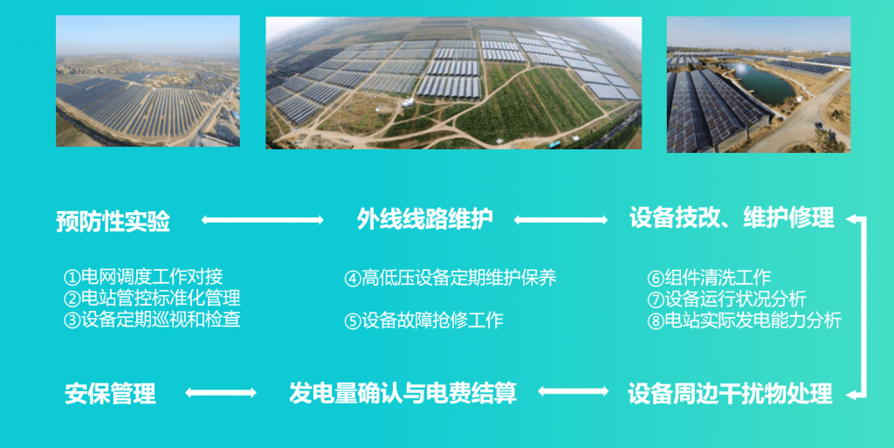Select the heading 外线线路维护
pyautogui.click(x=425, y=219)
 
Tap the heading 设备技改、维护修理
pyautogui.click(x=732, y=218)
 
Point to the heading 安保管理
pyautogui.click(x=110, y=394)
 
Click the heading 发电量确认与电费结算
pyautogui.click(x=402, y=393)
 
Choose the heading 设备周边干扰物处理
pyautogui.click(x=730, y=394)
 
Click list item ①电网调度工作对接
pyautogui.click(x=143, y=277)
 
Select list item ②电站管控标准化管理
pyautogui.click(x=152, y=298)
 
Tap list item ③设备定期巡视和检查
pyautogui.click(x=152, y=319)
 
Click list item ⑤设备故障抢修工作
pyautogui.click(x=424, y=320)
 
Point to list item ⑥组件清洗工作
pyautogui.click(x=709, y=278)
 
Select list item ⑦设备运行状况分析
pyautogui.click(x=726, y=299)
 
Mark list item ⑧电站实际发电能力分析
pyautogui.click(x=744, y=320)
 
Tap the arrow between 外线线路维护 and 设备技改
pyautogui.click(x=560, y=220)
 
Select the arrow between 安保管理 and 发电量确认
pyautogui.click(x=222, y=393)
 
